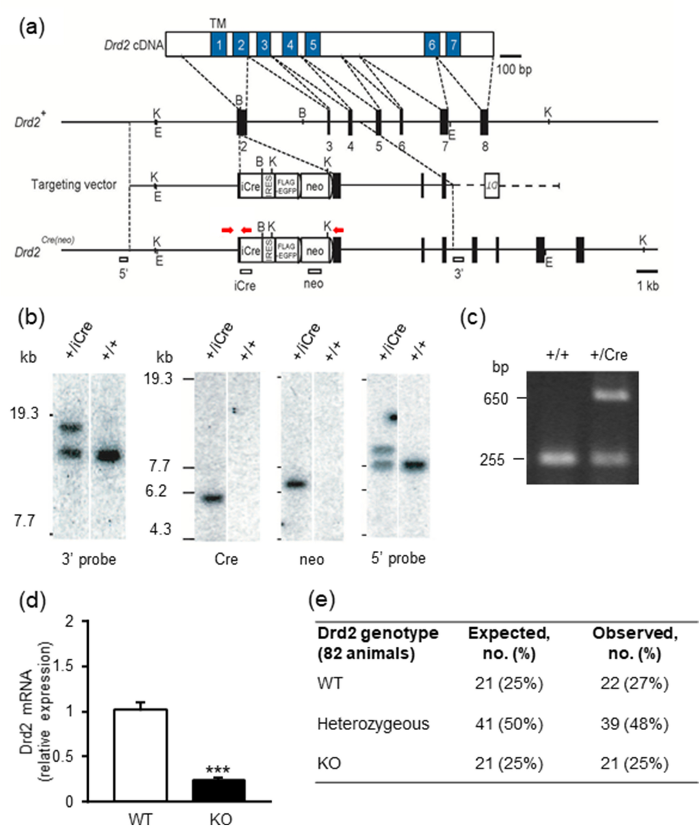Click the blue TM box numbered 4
tap(290, 45)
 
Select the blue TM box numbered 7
tap(453, 45)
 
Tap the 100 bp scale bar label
tap(514, 70)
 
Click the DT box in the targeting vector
tap(492, 186)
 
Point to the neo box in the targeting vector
tap(315, 186)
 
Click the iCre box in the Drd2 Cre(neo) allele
tap(250, 251)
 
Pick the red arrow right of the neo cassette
tap(339, 229)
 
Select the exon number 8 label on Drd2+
tap(485, 147)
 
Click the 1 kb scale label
tap(647, 285)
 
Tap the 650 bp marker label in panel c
tap(496, 399)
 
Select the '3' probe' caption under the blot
tap(89, 559)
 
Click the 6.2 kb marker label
tap(156, 491)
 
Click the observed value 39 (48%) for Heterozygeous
tap(634, 724)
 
